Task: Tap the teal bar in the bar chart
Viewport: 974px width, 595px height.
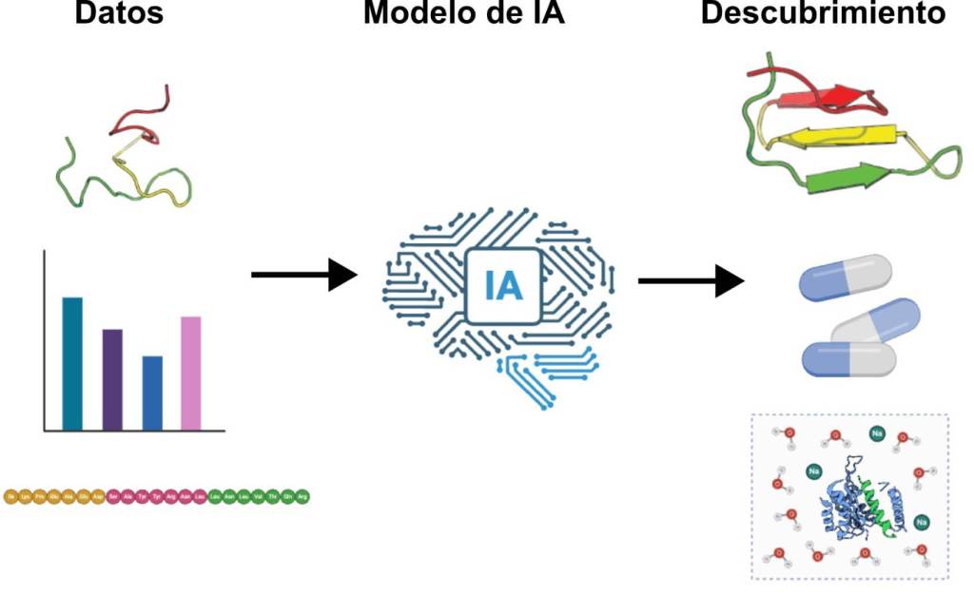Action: point(72,363)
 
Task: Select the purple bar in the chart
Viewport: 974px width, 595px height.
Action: point(112,379)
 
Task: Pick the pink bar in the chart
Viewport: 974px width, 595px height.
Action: point(190,373)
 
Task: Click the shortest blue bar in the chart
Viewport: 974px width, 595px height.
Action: point(152,393)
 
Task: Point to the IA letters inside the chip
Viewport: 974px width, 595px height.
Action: point(503,285)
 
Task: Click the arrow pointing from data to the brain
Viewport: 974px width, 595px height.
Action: point(302,276)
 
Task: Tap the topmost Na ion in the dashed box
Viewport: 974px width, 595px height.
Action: point(876,433)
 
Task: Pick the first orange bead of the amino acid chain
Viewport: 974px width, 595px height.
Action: point(11,496)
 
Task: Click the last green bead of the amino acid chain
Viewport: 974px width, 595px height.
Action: point(302,496)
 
